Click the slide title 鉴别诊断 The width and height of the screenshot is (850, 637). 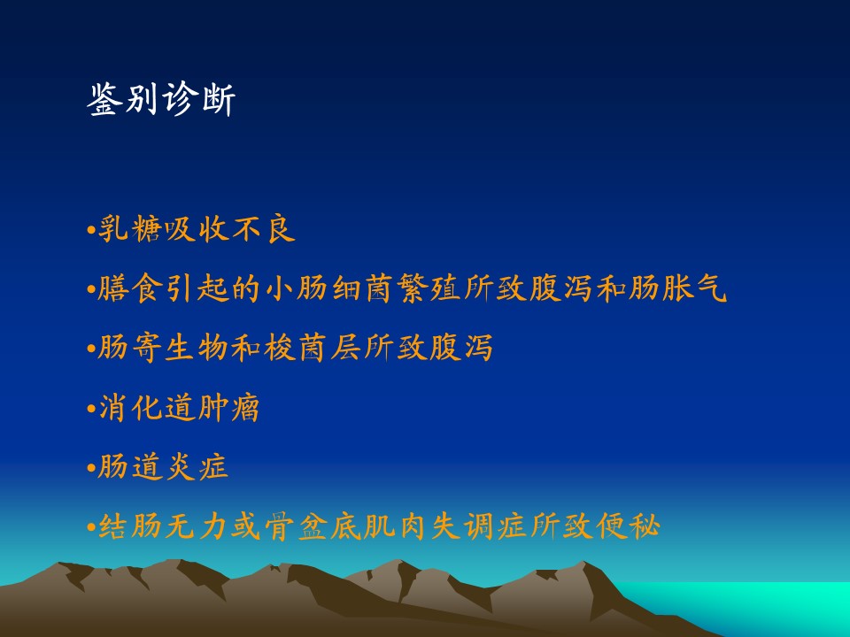[161, 99]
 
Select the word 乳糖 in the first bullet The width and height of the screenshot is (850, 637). [130, 228]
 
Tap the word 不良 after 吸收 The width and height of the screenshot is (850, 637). [264, 228]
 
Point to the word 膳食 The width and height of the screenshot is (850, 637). [130, 288]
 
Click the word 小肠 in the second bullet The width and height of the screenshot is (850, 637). [297, 288]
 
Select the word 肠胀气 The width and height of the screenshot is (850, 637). [678, 288]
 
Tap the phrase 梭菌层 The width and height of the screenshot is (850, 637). [313, 348]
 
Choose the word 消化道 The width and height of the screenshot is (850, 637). [147, 407]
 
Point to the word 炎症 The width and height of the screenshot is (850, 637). [197, 467]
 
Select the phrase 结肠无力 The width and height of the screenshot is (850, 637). [163, 526]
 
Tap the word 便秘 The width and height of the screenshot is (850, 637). [629, 526]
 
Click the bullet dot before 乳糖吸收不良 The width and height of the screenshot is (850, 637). [91, 230]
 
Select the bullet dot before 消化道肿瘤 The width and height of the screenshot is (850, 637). [91, 409]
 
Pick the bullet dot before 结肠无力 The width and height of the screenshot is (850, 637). [91, 526]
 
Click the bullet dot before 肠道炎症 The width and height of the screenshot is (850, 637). [91, 468]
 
